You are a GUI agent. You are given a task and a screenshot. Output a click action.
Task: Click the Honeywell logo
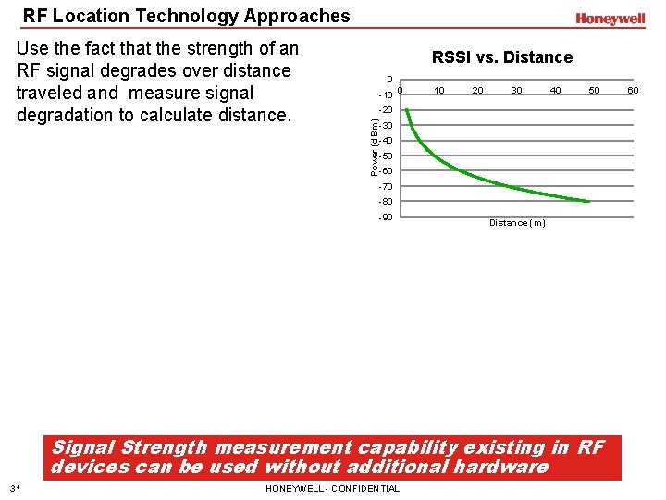pos(610,19)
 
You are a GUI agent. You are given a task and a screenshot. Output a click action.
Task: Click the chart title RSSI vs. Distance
pos(502,57)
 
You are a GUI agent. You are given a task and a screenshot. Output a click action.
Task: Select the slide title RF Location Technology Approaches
pos(187,16)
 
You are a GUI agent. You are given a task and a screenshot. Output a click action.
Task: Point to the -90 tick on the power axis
pos(386,218)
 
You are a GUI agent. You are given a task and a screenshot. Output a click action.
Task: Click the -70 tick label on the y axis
pos(386,187)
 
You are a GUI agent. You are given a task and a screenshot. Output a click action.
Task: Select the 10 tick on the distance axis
pos(439,90)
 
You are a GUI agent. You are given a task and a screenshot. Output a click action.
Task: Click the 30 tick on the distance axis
pos(516,90)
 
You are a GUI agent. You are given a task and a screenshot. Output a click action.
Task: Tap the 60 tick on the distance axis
pos(633,90)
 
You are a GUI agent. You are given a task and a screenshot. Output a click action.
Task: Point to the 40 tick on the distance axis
pos(555,90)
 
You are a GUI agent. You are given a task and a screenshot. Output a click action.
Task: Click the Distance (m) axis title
pos(517,223)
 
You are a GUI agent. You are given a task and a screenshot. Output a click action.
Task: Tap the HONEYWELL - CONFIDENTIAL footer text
pos(332,489)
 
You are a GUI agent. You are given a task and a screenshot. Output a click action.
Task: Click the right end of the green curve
pos(588,201)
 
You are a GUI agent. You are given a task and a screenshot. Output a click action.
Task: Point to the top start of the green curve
pos(407,109)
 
